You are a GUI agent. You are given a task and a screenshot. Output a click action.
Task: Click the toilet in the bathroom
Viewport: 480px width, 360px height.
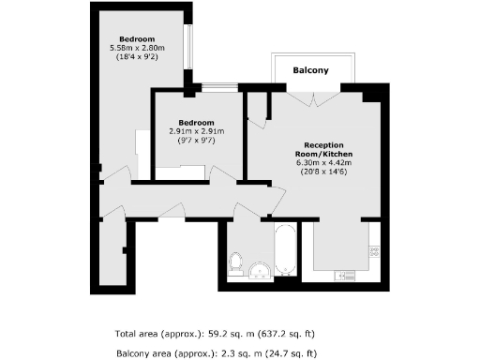(236, 260)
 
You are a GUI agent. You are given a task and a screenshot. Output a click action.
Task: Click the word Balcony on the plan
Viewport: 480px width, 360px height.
(310, 70)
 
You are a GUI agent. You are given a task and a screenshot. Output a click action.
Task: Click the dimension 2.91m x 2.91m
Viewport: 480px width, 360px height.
(198, 131)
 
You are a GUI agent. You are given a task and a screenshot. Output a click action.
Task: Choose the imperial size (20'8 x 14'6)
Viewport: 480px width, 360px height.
(322, 172)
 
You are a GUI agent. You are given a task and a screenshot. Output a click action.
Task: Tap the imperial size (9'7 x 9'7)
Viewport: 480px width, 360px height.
(198, 141)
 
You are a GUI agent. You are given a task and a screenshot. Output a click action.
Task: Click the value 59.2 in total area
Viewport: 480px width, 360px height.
(219, 333)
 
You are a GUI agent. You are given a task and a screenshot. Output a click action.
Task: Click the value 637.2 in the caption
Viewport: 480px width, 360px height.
(281, 333)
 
